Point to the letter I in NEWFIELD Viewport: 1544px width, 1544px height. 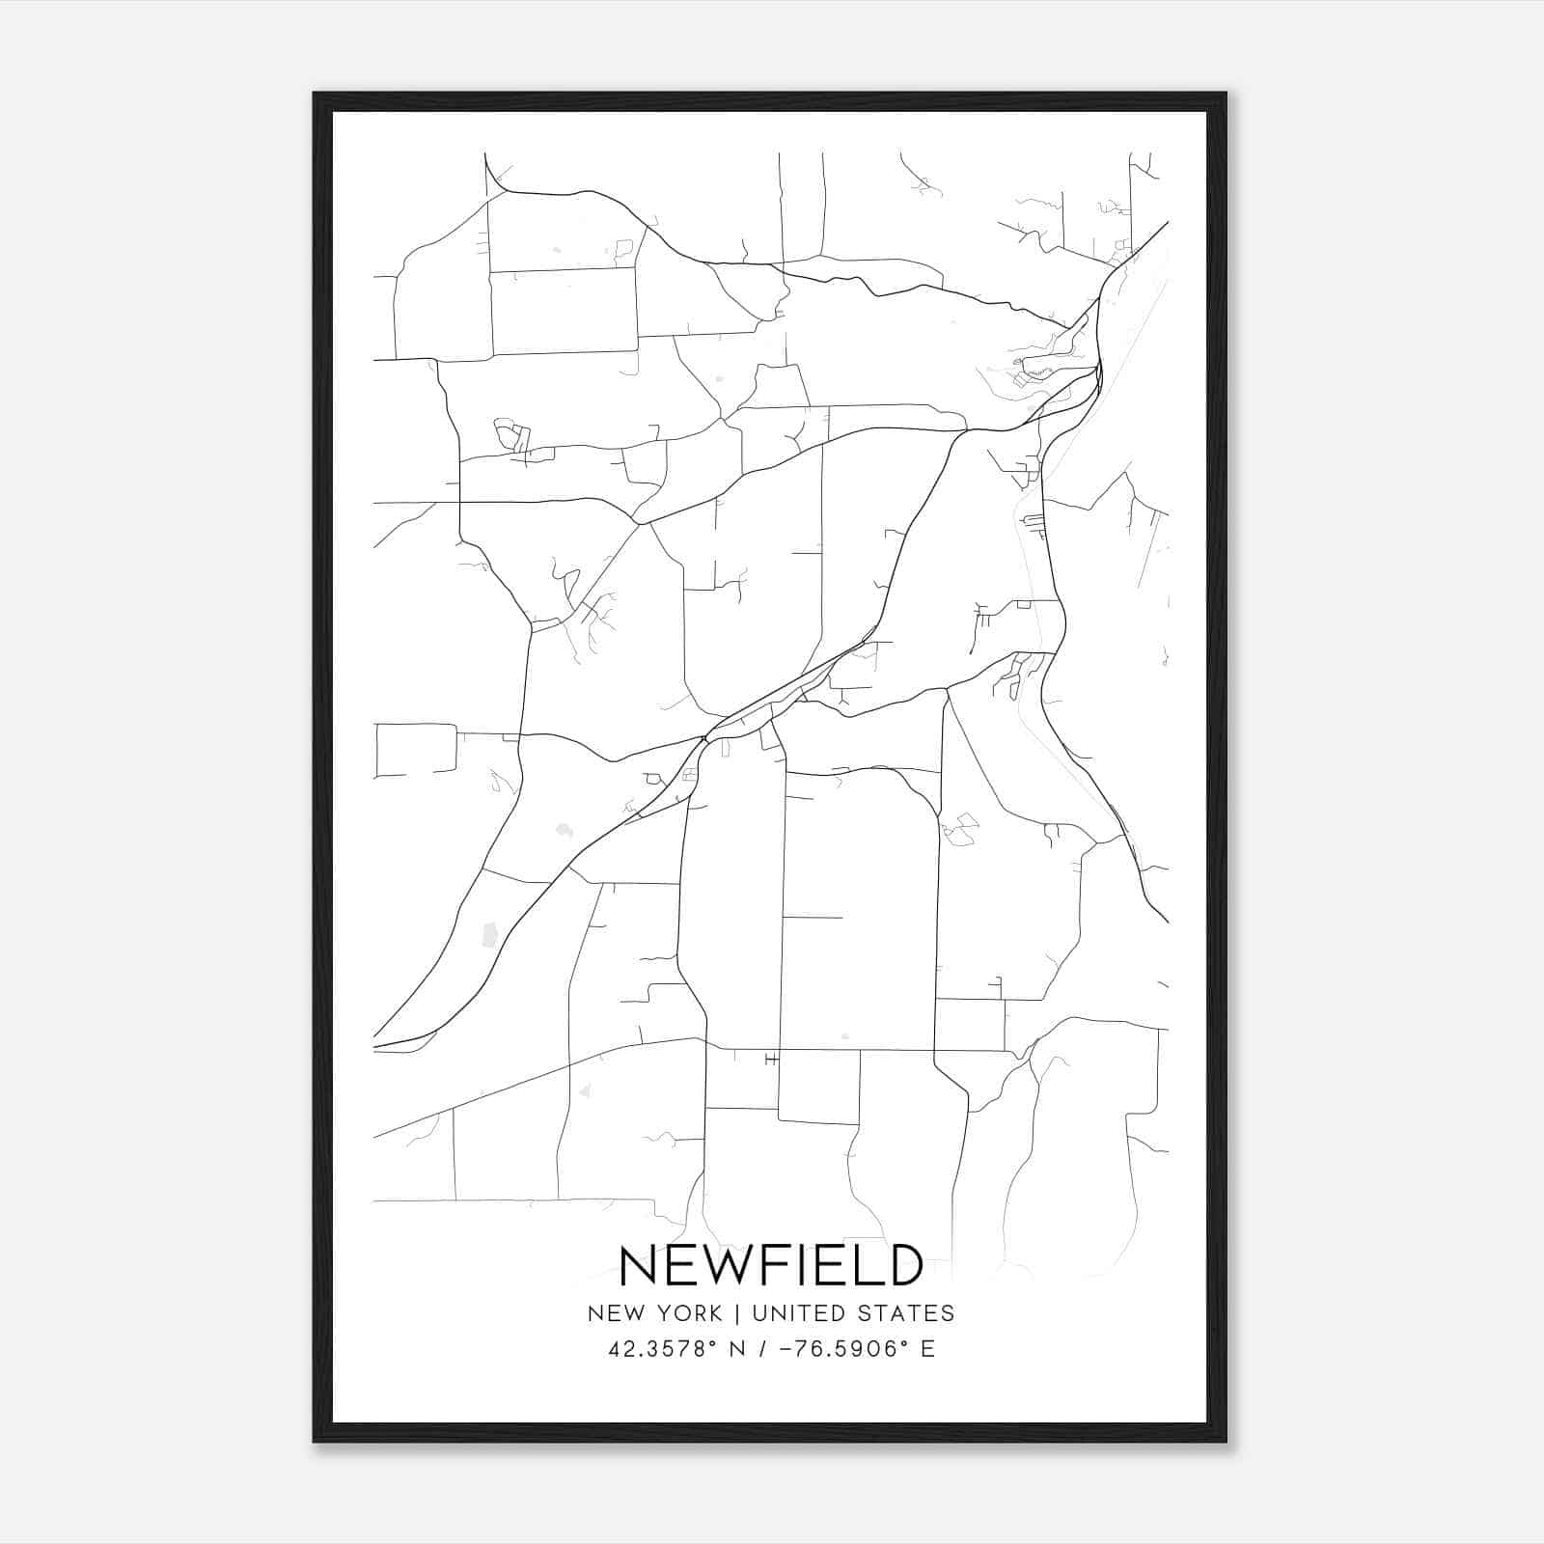point(812,1266)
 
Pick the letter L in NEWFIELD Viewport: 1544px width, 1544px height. point(868,1266)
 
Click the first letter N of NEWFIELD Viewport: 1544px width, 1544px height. point(638,1266)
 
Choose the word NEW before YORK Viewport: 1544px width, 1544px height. point(617,1313)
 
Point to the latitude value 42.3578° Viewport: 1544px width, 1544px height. point(661,1349)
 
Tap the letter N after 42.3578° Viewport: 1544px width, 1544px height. point(736,1349)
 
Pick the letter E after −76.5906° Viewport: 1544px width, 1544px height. point(927,1349)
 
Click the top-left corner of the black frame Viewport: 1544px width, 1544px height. point(315,94)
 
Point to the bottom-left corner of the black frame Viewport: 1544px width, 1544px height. point(315,1441)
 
